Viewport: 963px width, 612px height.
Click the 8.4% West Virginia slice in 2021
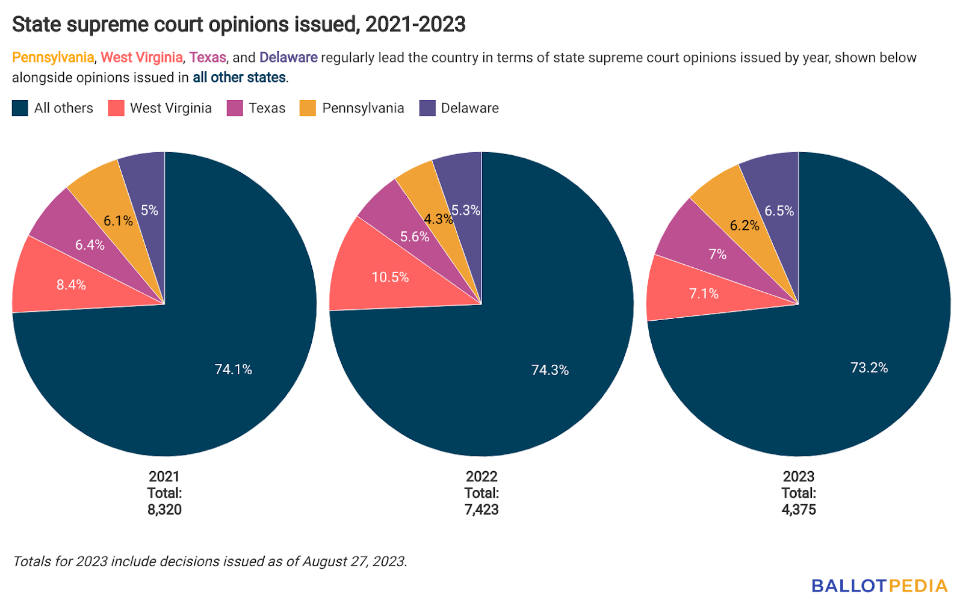(71, 285)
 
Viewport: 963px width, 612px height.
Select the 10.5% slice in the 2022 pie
(390, 277)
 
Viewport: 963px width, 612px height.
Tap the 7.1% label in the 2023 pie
(704, 294)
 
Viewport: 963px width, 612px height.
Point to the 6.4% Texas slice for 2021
(90, 245)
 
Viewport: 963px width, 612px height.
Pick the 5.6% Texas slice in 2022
(415, 237)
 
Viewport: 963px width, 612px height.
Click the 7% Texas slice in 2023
(717, 255)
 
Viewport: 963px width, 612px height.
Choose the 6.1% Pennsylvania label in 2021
(118, 221)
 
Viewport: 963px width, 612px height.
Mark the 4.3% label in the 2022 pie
(438, 219)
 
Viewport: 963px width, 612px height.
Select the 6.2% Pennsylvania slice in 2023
(745, 226)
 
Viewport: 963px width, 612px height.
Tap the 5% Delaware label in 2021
(149, 210)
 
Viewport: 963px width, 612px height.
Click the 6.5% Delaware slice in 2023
(779, 211)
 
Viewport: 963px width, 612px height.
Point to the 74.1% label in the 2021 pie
(234, 369)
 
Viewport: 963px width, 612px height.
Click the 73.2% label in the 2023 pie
(869, 368)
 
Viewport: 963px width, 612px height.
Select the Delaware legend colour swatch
(427, 108)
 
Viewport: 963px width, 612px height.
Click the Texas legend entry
(267, 108)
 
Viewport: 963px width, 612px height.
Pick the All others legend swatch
(20, 108)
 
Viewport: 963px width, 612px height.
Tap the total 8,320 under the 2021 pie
(164, 510)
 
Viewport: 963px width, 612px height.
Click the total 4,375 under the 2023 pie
(799, 510)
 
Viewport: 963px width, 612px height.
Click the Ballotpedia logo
(879, 586)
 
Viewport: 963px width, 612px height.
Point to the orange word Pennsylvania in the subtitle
(53, 58)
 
